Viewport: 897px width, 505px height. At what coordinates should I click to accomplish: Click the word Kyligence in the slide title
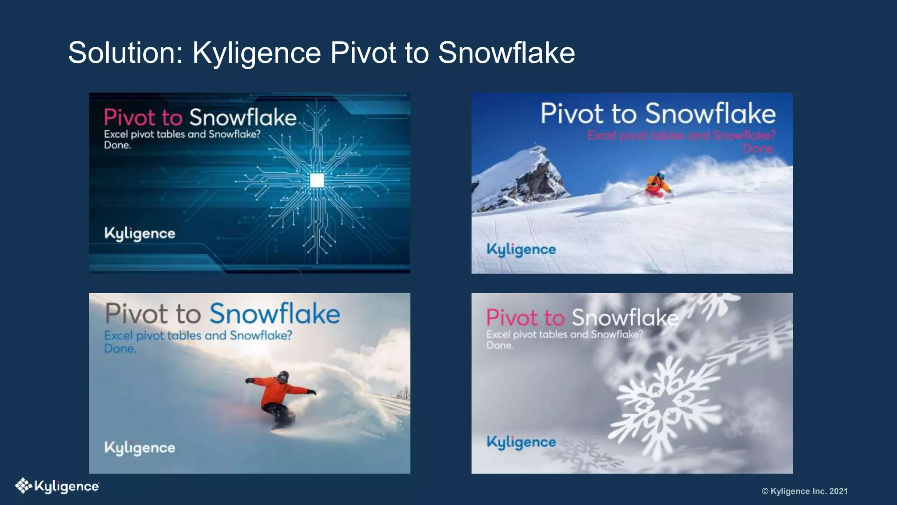click(257, 53)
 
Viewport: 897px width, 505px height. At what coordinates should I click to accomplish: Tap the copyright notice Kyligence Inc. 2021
click(805, 491)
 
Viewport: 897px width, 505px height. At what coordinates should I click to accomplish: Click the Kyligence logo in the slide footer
click(57, 486)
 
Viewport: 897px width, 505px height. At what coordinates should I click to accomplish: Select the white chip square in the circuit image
click(317, 180)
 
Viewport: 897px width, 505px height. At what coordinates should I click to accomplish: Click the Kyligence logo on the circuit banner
click(140, 233)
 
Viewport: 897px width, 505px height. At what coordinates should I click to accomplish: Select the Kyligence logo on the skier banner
click(521, 249)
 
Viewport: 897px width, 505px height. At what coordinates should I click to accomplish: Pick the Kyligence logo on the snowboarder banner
click(140, 448)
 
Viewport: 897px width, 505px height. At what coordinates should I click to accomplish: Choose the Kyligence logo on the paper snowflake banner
click(521, 442)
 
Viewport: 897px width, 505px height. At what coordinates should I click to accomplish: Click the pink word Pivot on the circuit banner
click(130, 117)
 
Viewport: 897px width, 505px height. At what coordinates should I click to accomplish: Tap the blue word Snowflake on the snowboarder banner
click(275, 314)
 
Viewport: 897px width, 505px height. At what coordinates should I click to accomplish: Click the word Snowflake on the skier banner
click(710, 114)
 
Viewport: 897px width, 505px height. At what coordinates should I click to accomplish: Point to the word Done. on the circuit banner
click(117, 145)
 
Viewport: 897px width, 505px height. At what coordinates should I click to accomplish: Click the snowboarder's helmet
click(283, 376)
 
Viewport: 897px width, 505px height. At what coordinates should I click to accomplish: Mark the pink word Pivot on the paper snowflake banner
click(512, 317)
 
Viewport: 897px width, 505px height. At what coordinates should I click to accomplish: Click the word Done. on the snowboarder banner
click(120, 349)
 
